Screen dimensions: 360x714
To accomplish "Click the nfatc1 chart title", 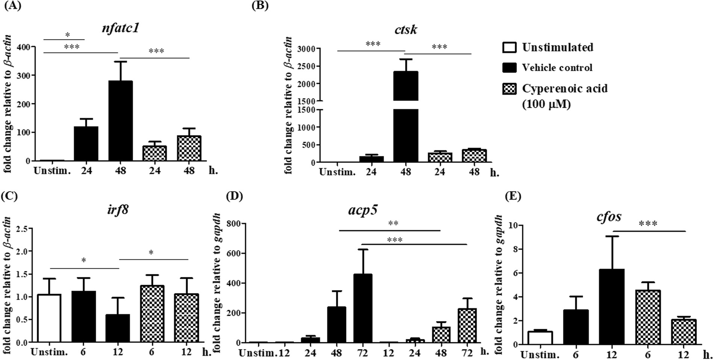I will click(x=121, y=28).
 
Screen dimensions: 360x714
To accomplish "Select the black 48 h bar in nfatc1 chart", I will click(x=121, y=121).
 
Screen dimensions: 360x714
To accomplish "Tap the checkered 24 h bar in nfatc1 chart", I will click(x=154, y=153).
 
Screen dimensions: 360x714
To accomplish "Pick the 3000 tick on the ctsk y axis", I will click(x=307, y=48).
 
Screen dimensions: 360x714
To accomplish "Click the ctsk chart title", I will click(x=405, y=29).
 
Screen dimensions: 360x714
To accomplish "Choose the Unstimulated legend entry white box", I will click(x=509, y=47).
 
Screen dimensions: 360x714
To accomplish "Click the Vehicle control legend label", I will click(x=557, y=68).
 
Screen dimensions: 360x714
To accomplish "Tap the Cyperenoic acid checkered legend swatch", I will click(x=509, y=89).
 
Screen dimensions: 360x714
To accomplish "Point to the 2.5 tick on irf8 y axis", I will click(x=21, y=228).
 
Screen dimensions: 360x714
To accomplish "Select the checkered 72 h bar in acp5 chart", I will click(x=467, y=325).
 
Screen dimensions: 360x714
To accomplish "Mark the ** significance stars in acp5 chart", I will click(x=393, y=224).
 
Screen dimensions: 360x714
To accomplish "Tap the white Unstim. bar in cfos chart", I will click(x=540, y=337).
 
